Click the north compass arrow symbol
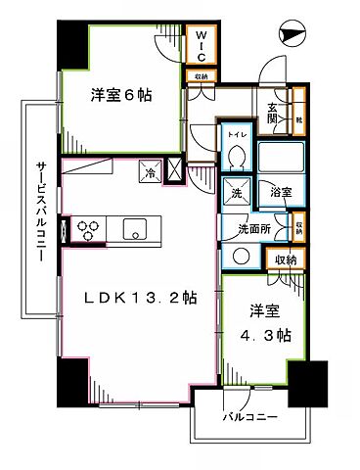click(x=290, y=35)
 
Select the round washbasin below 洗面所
click(x=239, y=257)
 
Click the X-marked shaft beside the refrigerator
click(x=176, y=170)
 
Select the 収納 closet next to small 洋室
click(x=284, y=259)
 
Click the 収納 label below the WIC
click(x=200, y=75)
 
